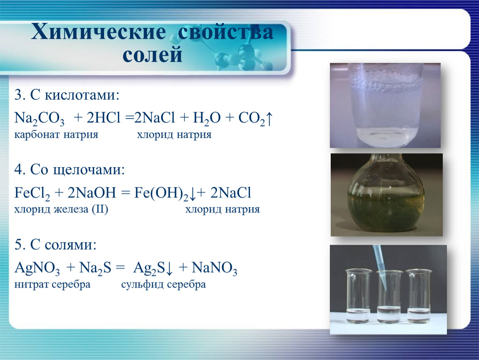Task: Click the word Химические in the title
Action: [98, 32]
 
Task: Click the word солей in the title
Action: [152, 55]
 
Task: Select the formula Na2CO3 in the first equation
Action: [40, 118]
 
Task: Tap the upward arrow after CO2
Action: [269, 119]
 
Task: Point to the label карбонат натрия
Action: [56, 135]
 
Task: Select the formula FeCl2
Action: [32, 193]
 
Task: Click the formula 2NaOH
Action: [92, 192]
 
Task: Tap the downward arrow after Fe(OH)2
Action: [192, 194]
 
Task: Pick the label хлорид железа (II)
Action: [61, 209]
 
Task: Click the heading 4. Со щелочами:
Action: [70, 170]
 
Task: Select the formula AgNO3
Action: [37, 268]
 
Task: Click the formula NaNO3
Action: [215, 268]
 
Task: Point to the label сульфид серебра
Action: [163, 285]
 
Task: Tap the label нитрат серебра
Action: [52, 285]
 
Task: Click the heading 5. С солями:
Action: [55, 245]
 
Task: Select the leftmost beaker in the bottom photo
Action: [358, 296]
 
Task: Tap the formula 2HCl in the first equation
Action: [104, 117]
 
